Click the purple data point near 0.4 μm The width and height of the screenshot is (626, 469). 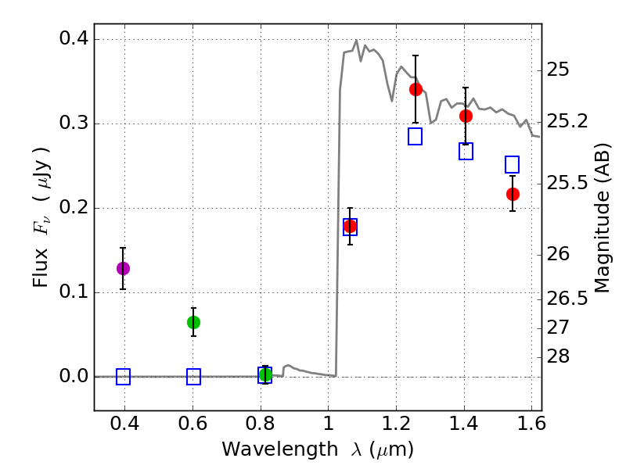click(x=123, y=268)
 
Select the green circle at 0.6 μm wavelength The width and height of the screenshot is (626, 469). click(x=193, y=322)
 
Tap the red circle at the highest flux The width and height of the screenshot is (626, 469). click(x=416, y=89)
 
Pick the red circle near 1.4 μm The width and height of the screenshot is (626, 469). click(x=466, y=116)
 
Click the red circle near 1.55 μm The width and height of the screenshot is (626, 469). click(x=513, y=194)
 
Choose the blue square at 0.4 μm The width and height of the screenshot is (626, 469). click(x=123, y=377)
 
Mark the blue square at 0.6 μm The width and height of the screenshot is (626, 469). click(x=193, y=377)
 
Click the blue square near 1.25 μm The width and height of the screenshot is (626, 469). click(x=416, y=136)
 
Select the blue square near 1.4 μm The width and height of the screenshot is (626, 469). click(x=466, y=151)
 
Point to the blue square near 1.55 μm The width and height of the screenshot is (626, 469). click(x=513, y=164)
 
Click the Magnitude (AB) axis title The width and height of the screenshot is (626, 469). click(x=603, y=217)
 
